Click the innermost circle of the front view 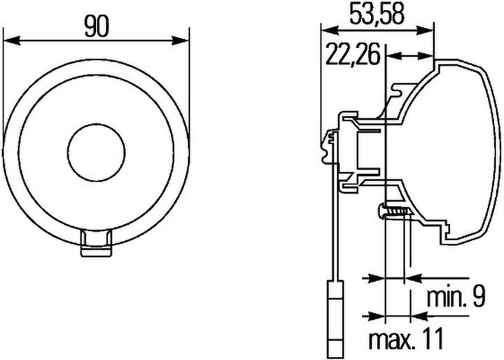pyautogui.click(x=96, y=152)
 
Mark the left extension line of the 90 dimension pyautogui.click(x=3, y=84)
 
